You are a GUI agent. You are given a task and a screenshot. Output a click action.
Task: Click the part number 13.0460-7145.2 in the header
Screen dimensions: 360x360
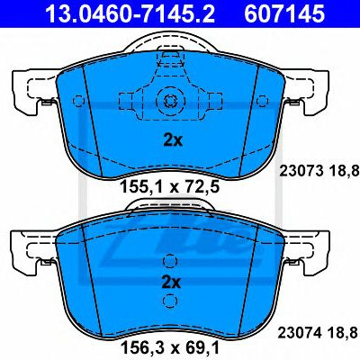point(130,13)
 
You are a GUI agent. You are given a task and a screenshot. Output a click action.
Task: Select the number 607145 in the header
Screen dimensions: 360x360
point(284,13)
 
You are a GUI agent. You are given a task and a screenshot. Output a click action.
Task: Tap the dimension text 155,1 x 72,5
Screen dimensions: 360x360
point(170,187)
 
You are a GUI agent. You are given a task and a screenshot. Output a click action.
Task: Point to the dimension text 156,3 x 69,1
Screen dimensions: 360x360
point(170,348)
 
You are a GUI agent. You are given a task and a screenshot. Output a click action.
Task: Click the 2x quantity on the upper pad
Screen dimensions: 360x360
point(173,139)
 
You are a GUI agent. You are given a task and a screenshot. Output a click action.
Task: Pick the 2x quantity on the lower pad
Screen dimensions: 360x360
point(171,283)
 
